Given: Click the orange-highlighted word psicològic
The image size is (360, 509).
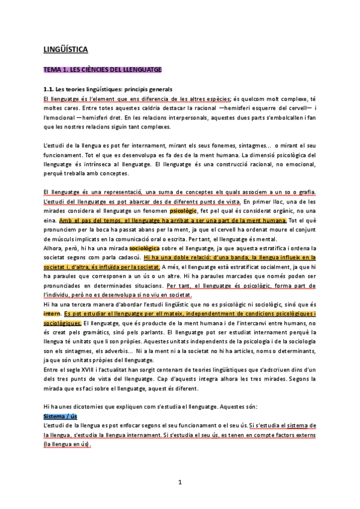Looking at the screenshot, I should (x=186, y=212).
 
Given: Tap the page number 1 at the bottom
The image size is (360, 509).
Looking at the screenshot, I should (x=180, y=482).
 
